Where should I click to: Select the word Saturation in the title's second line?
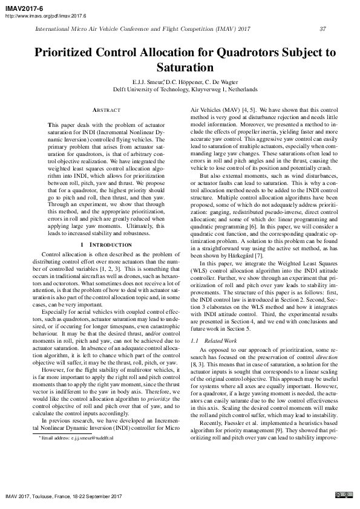[180, 67]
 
